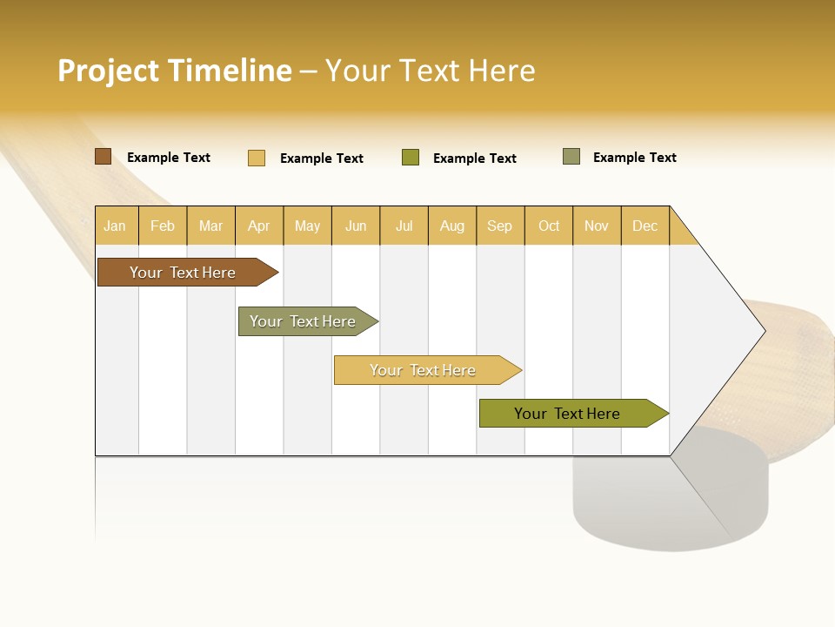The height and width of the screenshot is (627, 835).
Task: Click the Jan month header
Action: coord(115,226)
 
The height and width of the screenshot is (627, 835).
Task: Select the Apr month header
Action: coord(258,226)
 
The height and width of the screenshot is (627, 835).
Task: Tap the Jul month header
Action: coord(404,226)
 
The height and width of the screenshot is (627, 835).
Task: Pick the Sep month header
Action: coord(499,226)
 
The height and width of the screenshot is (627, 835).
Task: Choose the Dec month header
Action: coord(645,226)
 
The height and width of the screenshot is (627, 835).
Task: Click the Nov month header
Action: coord(596,226)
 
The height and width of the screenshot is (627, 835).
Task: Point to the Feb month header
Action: coord(163,226)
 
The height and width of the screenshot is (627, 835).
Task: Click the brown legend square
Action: coord(103,157)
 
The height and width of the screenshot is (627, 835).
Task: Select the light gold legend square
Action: coord(257,158)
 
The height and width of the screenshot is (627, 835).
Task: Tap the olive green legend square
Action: coord(411,158)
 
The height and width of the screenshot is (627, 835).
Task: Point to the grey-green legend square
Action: coord(571,157)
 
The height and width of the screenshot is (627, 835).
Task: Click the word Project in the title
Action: coord(109,71)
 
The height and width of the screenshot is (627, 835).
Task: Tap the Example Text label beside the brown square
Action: coord(169,158)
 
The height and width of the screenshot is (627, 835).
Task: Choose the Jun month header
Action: coord(355,226)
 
